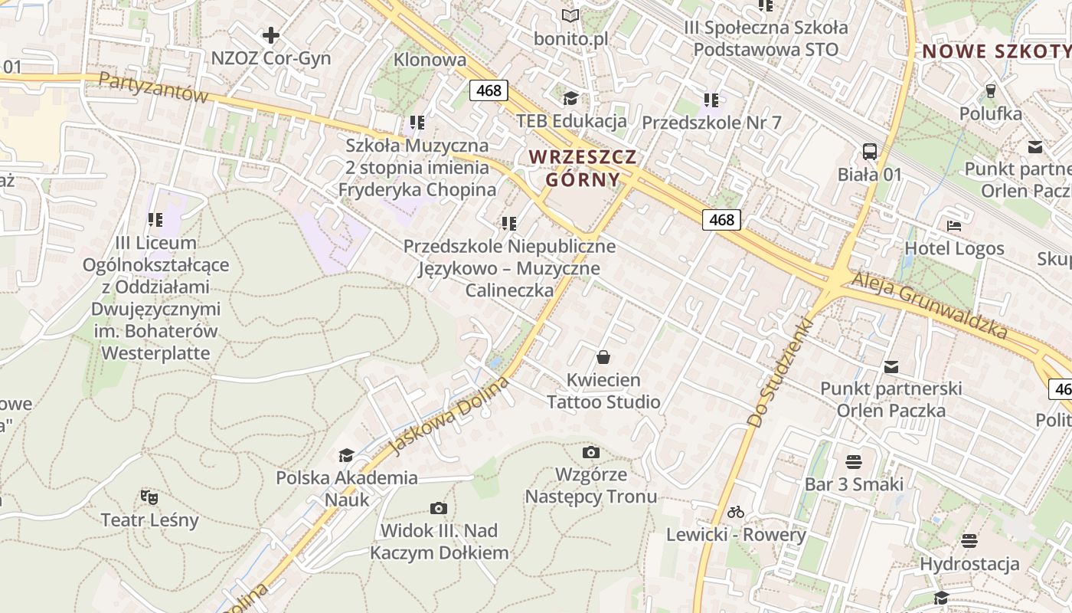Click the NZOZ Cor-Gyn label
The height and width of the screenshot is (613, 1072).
[271, 58]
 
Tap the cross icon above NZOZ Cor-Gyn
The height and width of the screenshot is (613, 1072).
[271, 35]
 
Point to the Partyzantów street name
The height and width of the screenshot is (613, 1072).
[153, 87]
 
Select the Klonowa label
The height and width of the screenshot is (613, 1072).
[430, 60]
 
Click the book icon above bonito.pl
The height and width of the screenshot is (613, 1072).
[570, 15]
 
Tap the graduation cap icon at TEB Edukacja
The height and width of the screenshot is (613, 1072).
[570, 98]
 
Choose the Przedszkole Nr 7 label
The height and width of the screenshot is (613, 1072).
[711, 123]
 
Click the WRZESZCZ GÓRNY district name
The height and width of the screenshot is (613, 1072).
[583, 168]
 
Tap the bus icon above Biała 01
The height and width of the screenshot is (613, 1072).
[870, 151]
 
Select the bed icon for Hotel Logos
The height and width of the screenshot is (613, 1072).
[954, 226]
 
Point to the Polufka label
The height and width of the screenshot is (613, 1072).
[991, 114]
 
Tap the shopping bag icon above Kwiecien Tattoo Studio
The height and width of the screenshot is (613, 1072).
[603, 357]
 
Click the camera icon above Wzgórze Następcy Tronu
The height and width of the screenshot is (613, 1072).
[590, 452]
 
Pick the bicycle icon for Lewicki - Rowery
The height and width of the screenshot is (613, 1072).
[736, 512]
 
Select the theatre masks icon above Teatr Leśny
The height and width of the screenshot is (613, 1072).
[150, 497]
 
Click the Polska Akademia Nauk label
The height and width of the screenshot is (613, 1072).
[347, 488]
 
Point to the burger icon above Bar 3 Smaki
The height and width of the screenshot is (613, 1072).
[854, 461]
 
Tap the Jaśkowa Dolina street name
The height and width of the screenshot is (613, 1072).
[450, 414]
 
